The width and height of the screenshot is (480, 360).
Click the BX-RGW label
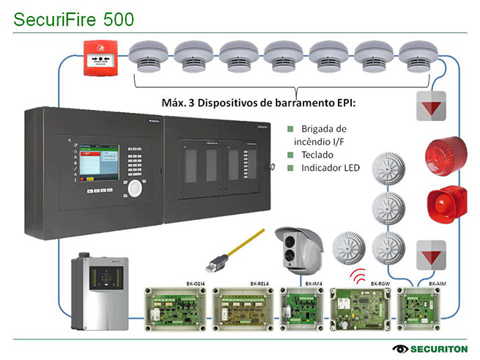tap(378, 282)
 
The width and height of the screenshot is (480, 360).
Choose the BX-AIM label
tap(437, 282)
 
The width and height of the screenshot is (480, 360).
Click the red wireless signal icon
tap(359, 276)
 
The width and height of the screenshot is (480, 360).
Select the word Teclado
tap(317, 155)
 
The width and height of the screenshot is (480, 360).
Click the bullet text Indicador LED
tap(331, 168)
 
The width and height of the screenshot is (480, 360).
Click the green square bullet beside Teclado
tap(290, 155)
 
